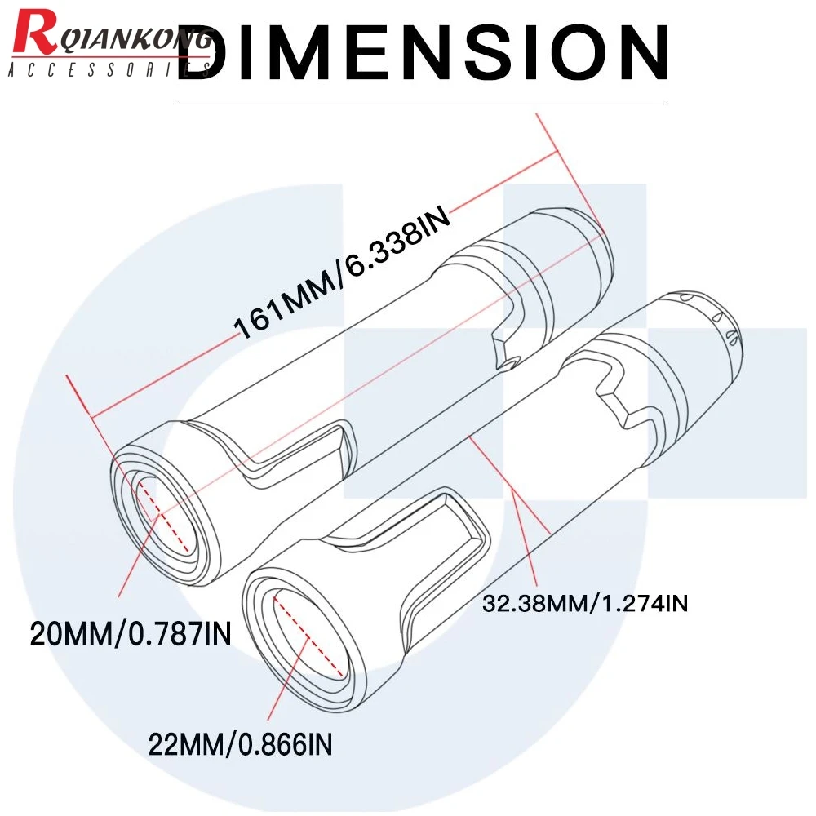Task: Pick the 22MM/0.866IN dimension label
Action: coord(241,743)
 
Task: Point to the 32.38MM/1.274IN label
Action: coord(584,605)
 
